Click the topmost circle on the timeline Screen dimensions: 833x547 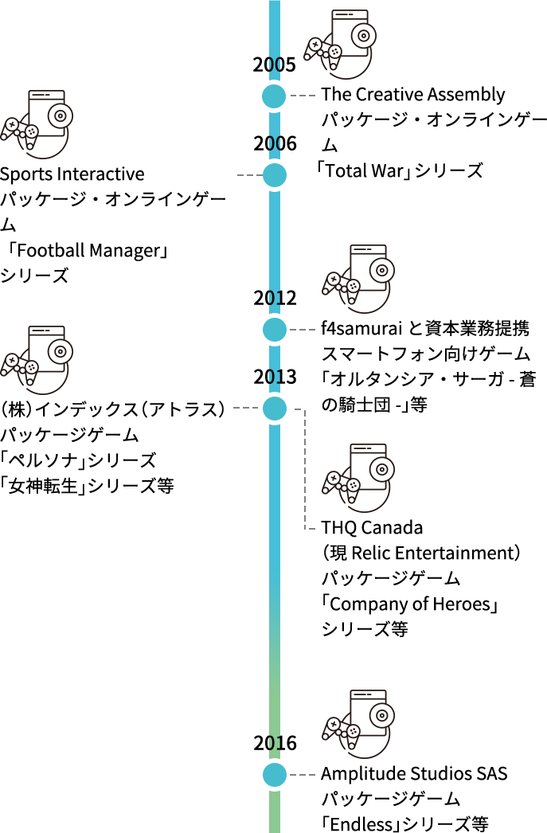click(x=274, y=96)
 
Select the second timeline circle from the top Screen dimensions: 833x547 click(x=275, y=175)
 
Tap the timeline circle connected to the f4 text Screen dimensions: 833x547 click(x=275, y=330)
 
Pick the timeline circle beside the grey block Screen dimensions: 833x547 click(x=275, y=409)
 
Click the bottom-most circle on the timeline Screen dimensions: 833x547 click(x=275, y=775)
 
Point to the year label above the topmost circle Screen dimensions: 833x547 click(x=275, y=65)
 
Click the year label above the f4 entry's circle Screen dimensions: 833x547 click(x=275, y=298)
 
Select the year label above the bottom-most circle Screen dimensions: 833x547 click(x=275, y=743)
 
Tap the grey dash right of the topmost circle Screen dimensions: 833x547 click(x=303, y=96)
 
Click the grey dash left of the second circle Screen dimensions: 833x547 click(x=247, y=175)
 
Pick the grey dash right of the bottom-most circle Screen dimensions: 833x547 click(x=303, y=775)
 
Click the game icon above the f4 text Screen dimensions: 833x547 click(x=358, y=279)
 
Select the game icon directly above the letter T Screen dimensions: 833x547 click(x=358, y=478)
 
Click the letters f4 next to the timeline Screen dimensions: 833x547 click(x=326, y=327)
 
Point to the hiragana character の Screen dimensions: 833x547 click(x=326, y=405)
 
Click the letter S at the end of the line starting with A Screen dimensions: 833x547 click(x=502, y=774)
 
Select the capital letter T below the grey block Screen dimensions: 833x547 click(x=326, y=528)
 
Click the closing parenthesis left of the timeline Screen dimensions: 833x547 click(x=221, y=409)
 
